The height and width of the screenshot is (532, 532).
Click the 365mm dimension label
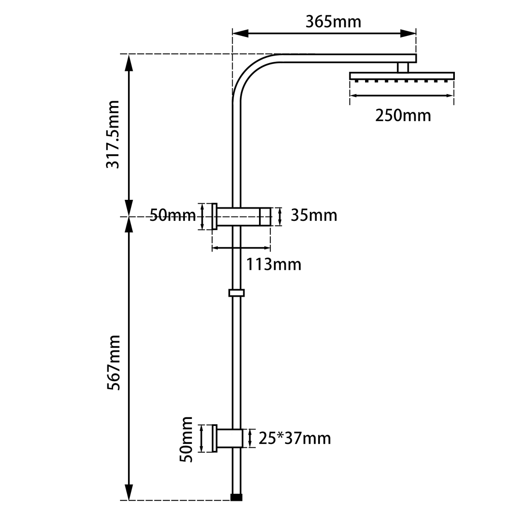coord(333,21)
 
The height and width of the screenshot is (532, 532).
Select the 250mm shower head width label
coord(403,115)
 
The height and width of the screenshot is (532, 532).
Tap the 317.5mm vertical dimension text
coord(113,135)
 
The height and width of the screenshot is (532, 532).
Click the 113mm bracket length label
coord(273,265)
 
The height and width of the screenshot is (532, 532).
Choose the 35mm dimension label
coord(314,216)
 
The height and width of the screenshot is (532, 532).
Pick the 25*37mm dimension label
coord(294,438)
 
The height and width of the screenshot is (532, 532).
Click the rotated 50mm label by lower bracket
coord(187,439)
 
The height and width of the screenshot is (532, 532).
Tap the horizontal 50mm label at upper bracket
coord(172,216)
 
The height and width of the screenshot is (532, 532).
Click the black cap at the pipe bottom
coord(236,497)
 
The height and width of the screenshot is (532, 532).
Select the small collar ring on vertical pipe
coord(236,293)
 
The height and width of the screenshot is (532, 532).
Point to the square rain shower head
coord(402,76)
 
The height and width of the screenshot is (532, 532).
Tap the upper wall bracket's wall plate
coord(215,216)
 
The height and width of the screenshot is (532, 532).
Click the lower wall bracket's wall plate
coord(215,438)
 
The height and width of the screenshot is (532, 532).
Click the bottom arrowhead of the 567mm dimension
coord(129,492)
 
